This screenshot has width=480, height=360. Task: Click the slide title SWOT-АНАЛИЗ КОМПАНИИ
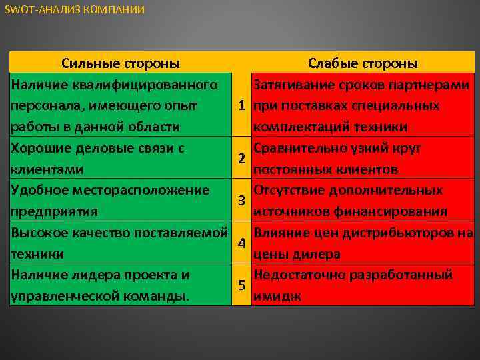pyautogui.click(x=74, y=10)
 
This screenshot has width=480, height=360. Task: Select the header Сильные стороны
pyautogui.click(x=120, y=63)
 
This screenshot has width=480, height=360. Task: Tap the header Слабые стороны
pyautogui.click(x=363, y=63)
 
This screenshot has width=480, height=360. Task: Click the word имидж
pyautogui.click(x=277, y=296)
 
